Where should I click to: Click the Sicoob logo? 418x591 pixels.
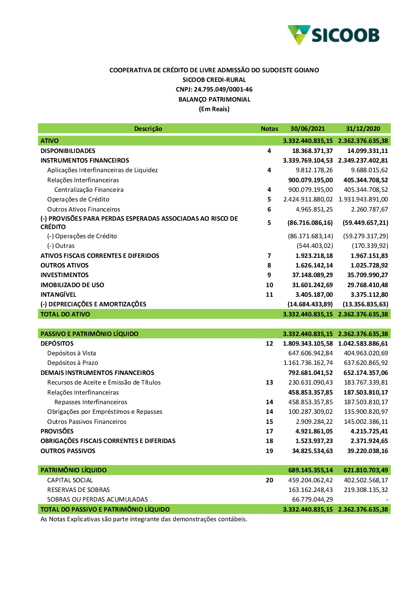point(334,35)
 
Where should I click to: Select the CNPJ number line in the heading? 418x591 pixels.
point(214,89)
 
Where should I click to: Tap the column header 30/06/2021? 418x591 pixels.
point(307,129)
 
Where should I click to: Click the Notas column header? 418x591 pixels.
point(269,129)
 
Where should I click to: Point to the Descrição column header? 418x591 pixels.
point(148,129)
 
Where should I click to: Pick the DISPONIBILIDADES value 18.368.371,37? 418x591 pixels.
point(312,151)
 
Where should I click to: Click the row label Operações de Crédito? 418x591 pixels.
point(78,199)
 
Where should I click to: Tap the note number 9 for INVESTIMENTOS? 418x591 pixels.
point(269,275)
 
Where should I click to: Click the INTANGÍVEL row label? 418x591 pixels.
point(58,295)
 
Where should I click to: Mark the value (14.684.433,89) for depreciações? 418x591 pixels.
point(310,304)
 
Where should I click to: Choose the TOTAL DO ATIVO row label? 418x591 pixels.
point(65,314)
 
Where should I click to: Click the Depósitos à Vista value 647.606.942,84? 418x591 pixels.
point(310,353)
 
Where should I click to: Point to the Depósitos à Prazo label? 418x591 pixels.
point(73,363)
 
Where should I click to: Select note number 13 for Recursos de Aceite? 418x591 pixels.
point(269,382)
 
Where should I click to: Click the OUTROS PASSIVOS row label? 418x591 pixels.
point(68,451)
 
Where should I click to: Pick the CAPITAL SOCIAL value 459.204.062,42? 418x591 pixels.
point(310,480)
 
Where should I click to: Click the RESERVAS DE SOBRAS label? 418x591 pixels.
point(78,490)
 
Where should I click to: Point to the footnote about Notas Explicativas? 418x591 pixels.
point(144,519)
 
